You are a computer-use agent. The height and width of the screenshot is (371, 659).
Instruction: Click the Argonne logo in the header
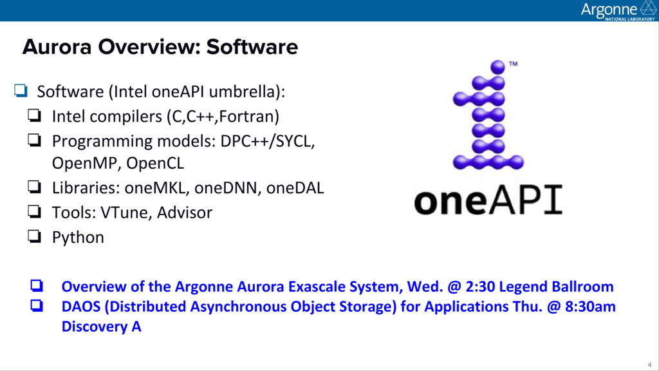pos(618,10)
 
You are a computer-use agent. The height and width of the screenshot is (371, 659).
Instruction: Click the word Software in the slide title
pos(252,46)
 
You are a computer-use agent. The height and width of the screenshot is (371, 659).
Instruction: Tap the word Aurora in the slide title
pos(57,46)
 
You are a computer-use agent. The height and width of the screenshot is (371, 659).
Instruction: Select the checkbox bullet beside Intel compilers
pos(35,115)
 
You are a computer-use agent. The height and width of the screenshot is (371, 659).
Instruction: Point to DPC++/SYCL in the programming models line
pos(267,141)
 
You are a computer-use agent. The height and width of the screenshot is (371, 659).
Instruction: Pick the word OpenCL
pos(155,163)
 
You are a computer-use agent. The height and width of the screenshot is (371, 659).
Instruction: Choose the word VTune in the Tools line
pos(126,213)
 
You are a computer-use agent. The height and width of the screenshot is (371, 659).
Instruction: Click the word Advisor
pos(185,213)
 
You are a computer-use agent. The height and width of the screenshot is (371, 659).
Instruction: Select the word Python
pos(78,238)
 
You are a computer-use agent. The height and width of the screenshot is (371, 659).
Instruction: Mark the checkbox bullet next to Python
pos(35,236)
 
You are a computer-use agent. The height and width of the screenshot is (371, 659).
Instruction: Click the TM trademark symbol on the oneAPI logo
pos(513,64)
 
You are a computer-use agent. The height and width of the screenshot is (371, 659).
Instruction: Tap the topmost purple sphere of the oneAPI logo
pos(497,67)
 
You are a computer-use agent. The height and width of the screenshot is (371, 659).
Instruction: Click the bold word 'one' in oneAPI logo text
pos(450,202)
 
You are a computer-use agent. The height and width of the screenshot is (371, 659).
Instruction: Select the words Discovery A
pos(101,327)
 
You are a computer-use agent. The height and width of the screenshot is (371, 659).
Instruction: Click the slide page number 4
pos(649,365)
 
